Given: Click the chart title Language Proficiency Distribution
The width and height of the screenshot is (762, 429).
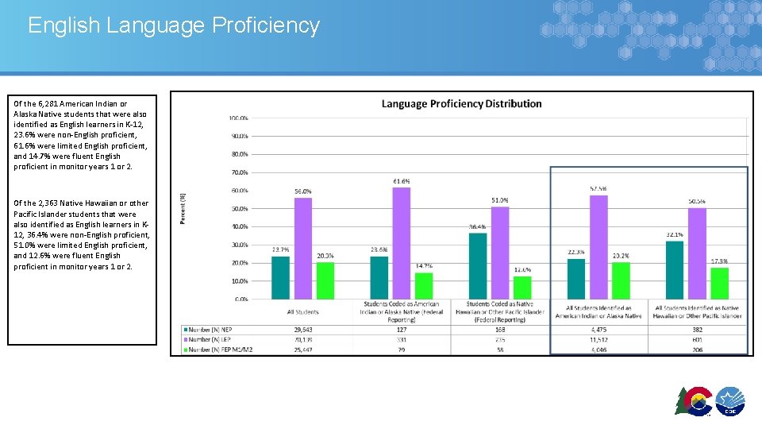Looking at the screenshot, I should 461,103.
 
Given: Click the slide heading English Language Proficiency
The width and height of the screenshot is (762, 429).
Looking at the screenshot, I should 173,25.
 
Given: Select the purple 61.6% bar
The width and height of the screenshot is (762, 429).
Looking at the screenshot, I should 401,243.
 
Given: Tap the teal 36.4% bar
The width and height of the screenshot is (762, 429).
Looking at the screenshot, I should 478,266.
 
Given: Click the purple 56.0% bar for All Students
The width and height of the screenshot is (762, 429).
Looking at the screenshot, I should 302,248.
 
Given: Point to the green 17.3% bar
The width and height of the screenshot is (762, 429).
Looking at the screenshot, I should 718,284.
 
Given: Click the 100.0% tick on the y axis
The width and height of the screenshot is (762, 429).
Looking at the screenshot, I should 238,118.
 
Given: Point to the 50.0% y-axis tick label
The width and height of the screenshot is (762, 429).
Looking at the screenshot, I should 238,209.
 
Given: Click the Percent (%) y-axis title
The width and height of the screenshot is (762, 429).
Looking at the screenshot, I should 183,208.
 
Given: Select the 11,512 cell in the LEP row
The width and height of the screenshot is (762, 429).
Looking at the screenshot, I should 598,339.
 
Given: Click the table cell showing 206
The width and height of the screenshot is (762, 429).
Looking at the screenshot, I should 697,350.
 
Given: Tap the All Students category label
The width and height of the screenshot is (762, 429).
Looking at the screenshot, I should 302,312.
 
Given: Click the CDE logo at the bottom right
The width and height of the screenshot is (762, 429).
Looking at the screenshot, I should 729,402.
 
